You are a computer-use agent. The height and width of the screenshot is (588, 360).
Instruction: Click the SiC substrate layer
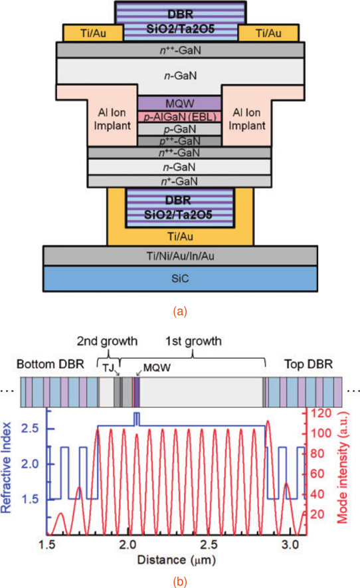pyautogui.click(x=180, y=278)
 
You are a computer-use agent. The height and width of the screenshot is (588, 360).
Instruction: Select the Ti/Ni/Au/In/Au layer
pyautogui.click(x=180, y=256)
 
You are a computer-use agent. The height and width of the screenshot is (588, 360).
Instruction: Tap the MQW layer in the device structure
pyautogui.click(x=179, y=104)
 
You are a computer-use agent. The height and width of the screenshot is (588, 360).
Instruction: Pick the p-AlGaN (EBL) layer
pyautogui.click(x=179, y=117)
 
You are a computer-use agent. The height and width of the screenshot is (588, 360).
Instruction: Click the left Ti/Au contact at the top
pyautogui.click(x=93, y=33)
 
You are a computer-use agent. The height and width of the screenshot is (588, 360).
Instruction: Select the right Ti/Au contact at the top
pyautogui.click(x=268, y=33)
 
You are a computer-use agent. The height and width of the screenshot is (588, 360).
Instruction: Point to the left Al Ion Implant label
pyautogui.click(x=112, y=119)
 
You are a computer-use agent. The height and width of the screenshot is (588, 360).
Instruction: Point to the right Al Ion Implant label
pyautogui.click(x=246, y=119)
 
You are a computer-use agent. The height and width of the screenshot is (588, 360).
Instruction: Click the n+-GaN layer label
pyautogui.click(x=179, y=181)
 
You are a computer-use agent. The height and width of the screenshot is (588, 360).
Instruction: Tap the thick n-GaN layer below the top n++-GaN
pyautogui.click(x=180, y=76)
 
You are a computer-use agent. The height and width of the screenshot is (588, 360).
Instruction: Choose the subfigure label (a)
pyautogui.click(x=180, y=311)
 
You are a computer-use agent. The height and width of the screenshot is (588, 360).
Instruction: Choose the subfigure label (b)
pyautogui.click(x=180, y=581)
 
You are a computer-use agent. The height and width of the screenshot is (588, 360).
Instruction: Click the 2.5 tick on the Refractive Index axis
pyautogui.click(x=30, y=429)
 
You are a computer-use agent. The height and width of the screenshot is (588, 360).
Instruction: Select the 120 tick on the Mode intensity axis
pyautogui.click(x=321, y=413)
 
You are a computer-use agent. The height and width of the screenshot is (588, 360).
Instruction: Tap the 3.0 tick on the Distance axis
pyautogui.click(x=290, y=545)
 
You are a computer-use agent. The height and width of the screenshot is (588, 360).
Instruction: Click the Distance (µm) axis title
pyautogui.click(x=176, y=560)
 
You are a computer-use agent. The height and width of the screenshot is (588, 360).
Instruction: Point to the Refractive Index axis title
pyautogui.click(x=7, y=468)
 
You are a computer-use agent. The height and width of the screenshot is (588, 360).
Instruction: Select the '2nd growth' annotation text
pyautogui.click(x=107, y=342)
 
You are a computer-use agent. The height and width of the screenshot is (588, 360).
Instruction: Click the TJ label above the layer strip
pyautogui.click(x=108, y=368)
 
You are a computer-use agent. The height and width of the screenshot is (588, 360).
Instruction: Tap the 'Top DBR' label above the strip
pyautogui.click(x=309, y=364)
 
